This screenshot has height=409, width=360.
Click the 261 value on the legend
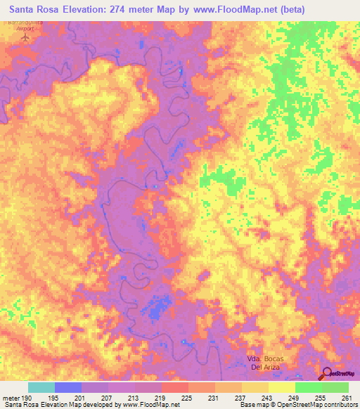click(346, 397)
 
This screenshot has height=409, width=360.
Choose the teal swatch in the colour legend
click(41, 387)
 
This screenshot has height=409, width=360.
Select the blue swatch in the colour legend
click(68, 387)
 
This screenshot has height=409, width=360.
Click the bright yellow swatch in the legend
click(282, 387)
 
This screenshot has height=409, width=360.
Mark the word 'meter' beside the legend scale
click(10, 397)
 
